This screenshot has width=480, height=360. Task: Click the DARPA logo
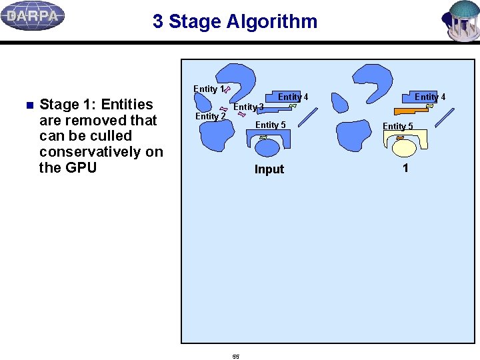point(33,16)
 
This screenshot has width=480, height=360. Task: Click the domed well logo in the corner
point(461,21)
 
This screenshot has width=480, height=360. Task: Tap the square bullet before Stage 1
point(28,105)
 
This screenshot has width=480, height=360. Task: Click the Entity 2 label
point(210,116)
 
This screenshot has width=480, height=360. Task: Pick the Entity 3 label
point(248,107)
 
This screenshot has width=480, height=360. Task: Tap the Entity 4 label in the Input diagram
point(293,97)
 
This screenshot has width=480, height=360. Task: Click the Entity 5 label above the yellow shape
point(397,126)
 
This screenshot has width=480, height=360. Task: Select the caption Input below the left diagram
point(269,169)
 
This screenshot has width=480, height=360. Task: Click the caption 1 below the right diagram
point(405,168)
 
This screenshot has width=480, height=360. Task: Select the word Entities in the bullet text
point(127,105)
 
